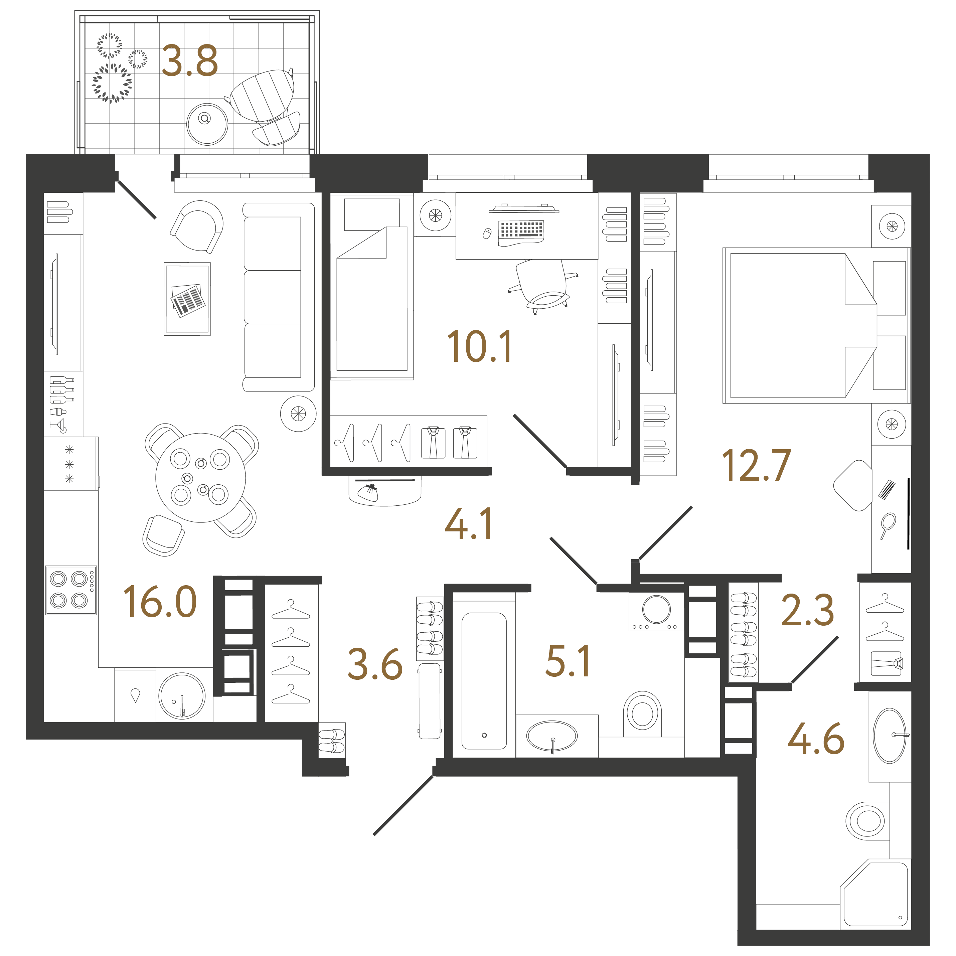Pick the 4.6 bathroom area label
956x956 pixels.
pyautogui.click(x=815, y=739)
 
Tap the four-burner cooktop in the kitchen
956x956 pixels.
pyautogui.click(x=71, y=590)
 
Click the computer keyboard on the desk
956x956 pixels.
pyautogui.click(x=521, y=230)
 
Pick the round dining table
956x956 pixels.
pyautogui.click(x=200, y=478)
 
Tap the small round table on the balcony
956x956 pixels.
pyautogui.click(x=207, y=124)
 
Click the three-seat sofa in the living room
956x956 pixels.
pyautogui.click(x=278, y=297)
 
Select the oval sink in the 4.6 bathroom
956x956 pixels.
pyautogui.click(x=890, y=735)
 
